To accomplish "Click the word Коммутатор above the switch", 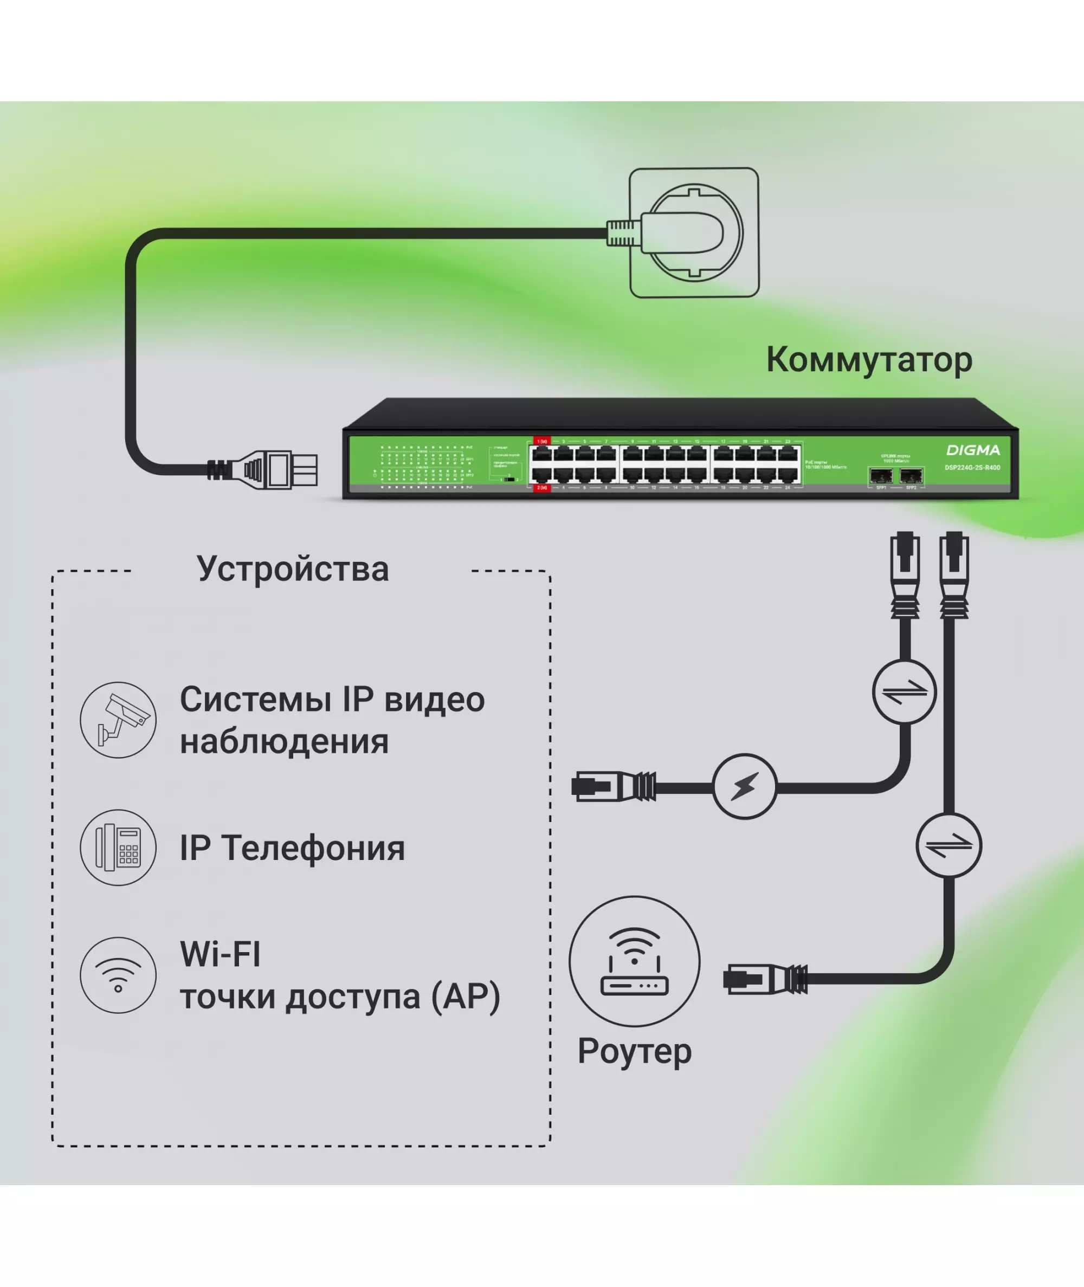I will point(869,360).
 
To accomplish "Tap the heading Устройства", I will point(293,569).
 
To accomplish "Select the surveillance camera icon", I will point(118,720).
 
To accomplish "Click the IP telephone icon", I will point(118,847).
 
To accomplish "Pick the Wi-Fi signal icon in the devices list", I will point(118,975).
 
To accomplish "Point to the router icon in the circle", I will point(634,961).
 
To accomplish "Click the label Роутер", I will point(634,1051).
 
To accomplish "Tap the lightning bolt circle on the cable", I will point(745,786).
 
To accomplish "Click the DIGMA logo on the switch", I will point(973,450).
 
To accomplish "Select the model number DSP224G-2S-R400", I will point(972,468).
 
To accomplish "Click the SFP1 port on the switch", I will point(881,475).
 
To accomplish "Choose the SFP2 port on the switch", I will point(911,475).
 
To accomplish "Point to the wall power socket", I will point(694,233).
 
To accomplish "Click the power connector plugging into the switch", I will point(276,470).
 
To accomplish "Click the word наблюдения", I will point(284,741).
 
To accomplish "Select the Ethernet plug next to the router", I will point(765,979).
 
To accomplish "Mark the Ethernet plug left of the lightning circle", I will point(614,786).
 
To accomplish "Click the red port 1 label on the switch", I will point(541,441).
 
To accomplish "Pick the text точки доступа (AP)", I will point(340,997).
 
